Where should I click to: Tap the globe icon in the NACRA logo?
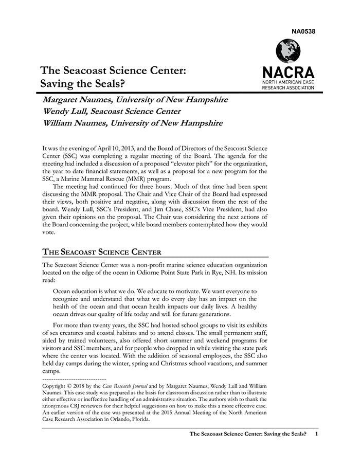click(x=288, y=51)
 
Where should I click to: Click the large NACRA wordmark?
click(x=288, y=71)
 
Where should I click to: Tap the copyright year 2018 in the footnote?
click(x=79, y=385)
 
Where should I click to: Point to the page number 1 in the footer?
click(x=317, y=434)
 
